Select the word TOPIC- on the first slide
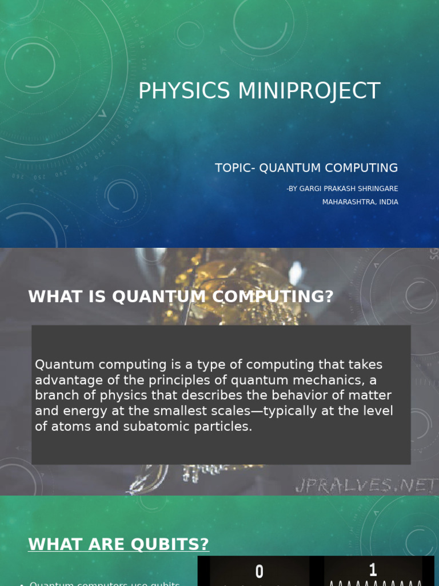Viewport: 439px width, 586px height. (235, 168)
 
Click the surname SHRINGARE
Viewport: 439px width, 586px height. (378, 189)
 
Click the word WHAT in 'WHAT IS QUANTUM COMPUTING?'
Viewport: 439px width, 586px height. (52, 296)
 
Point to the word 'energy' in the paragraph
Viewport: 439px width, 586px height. (81, 411)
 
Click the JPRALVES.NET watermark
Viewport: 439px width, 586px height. (366, 486)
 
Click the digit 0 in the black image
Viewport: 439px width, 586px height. (260, 571)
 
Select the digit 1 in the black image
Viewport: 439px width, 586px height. (373, 569)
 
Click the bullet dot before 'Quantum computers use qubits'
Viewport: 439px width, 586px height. (21, 584)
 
